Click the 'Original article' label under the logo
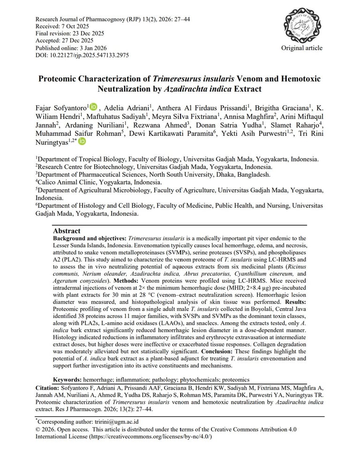pyautogui.click(x=301, y=48)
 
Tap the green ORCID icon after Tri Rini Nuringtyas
pyautogui.click(x=82, y=141)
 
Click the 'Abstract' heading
pyautogui.click(x=67, y=231)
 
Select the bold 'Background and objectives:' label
pyautogui.click(x=90, y=238)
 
